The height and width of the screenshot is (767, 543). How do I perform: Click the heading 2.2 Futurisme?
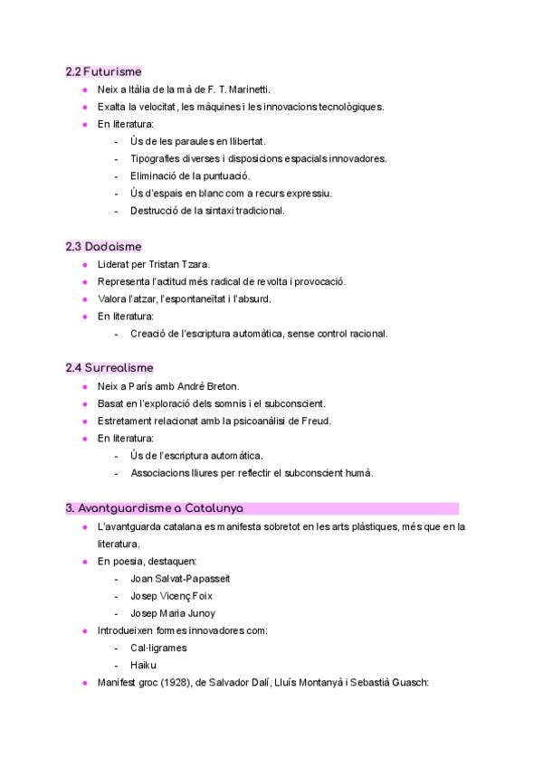[103, 71]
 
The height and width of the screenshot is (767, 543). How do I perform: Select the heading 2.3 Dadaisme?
[103, 246]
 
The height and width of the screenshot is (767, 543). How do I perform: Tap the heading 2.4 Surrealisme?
[110, 368]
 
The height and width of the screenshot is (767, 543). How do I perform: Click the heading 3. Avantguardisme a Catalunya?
[154, 508]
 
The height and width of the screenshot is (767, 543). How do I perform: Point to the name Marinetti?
[248, 90]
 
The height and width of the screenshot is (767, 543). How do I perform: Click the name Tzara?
[196, 264]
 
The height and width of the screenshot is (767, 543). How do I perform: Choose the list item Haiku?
[143, 665]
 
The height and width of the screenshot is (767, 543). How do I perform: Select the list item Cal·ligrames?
[158, 648]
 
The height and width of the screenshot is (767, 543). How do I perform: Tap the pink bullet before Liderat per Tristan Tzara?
[84, 264]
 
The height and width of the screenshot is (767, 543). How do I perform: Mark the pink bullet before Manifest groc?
[84, 683]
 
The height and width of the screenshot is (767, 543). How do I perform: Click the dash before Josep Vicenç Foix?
[118, 595]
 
